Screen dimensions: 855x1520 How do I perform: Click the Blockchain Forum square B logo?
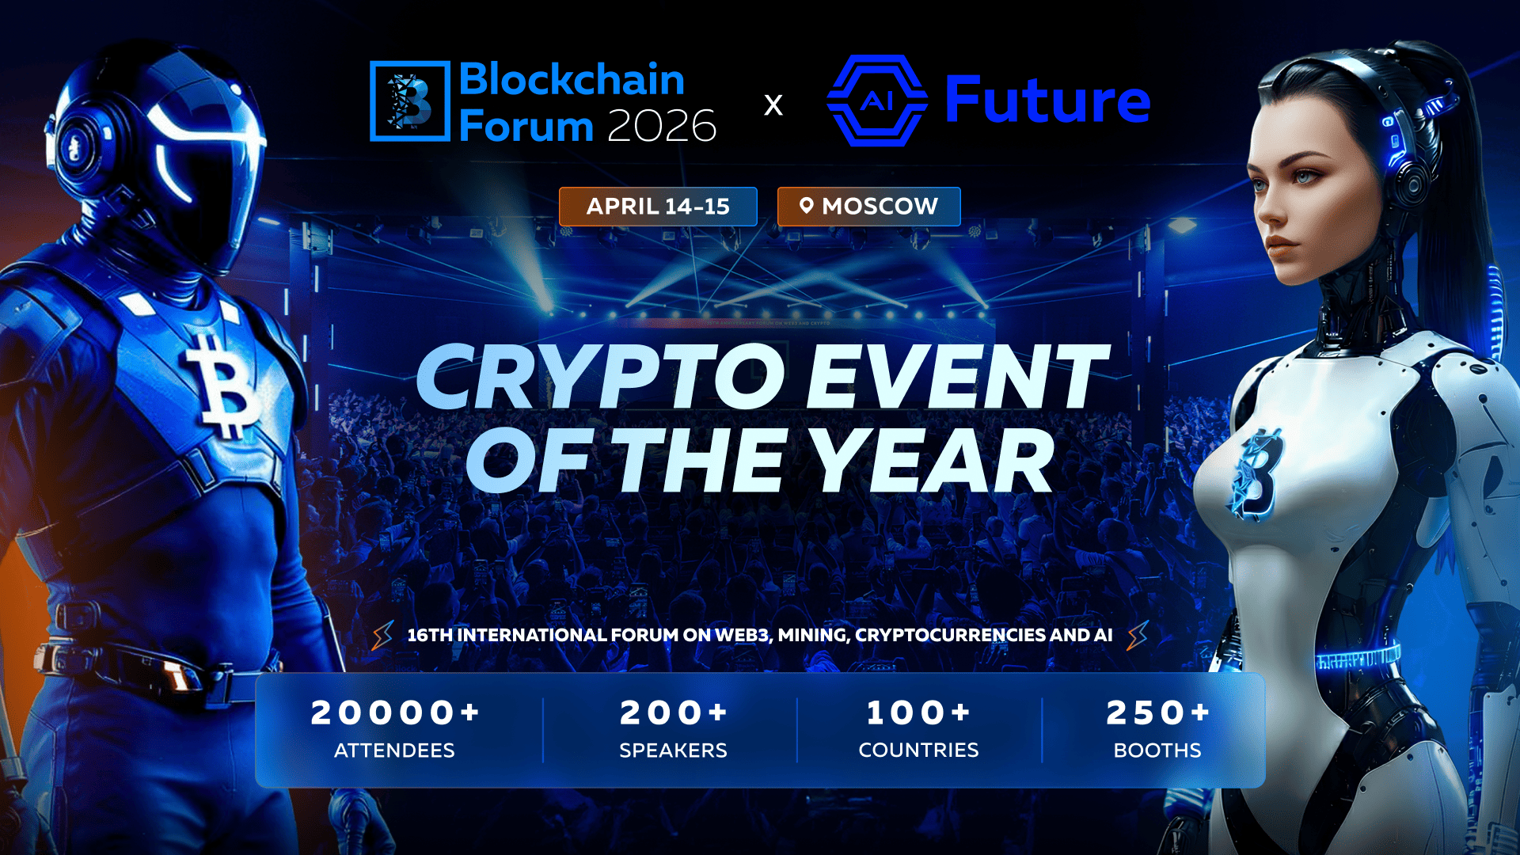pyautogui.click(x=410, y=101)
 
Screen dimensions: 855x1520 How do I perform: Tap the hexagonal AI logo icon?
pyautogui.click(x=876, y=101)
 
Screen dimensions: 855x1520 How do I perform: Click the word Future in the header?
pyautogui.click(x=1047, y=101)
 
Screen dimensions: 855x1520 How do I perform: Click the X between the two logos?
pyautogui.click(x=773, y=104)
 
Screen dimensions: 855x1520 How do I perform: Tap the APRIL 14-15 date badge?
pyautogui.click(x=658, y=207)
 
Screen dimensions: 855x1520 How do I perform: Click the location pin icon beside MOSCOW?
pyautogui.click(x=806, y=206)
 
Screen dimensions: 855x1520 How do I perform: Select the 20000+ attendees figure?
pyautogui.click(x=394, y=712)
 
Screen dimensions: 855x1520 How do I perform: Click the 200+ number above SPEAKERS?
pyautogui.click(x=673, y=712)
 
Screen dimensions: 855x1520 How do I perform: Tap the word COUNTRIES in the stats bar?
pyautogui.click(x=918, y=750)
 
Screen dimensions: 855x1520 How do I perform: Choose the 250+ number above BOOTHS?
pyautogui.click(x=1157, y=712)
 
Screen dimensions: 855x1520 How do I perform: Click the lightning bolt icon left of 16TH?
pyautogui.click(x=383, y=635)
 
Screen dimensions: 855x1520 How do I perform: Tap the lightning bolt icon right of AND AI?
pyautogui.click(x=1138, y=635)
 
